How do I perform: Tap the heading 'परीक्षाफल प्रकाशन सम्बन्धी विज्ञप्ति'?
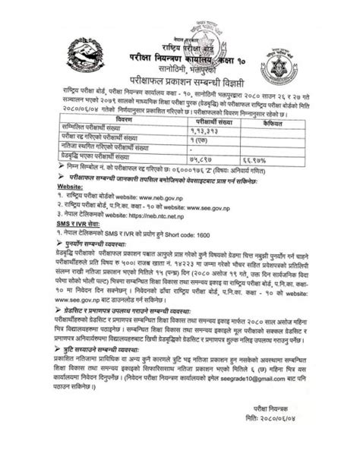pos(180,80)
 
